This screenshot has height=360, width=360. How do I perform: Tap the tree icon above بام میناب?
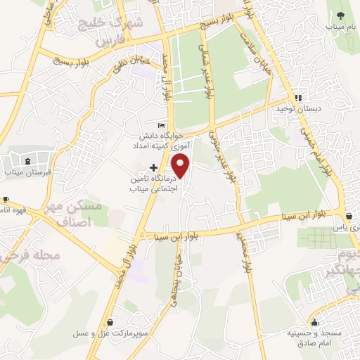click(x=341, y=15)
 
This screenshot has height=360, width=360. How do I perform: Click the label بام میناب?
click(x=341, y=27)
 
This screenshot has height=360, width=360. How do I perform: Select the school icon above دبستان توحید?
click(x=298, y=98)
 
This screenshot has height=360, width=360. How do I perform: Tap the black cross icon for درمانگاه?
click(x=153, y=168)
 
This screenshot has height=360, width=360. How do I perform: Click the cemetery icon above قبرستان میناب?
click(x=27, y=160)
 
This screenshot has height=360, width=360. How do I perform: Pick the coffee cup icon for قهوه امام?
click(x=6, y=200)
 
